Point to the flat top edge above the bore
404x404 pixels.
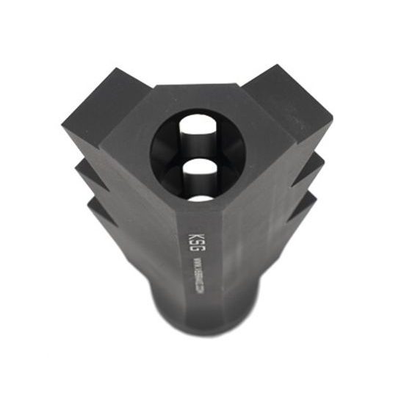[x=198, y=94]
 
